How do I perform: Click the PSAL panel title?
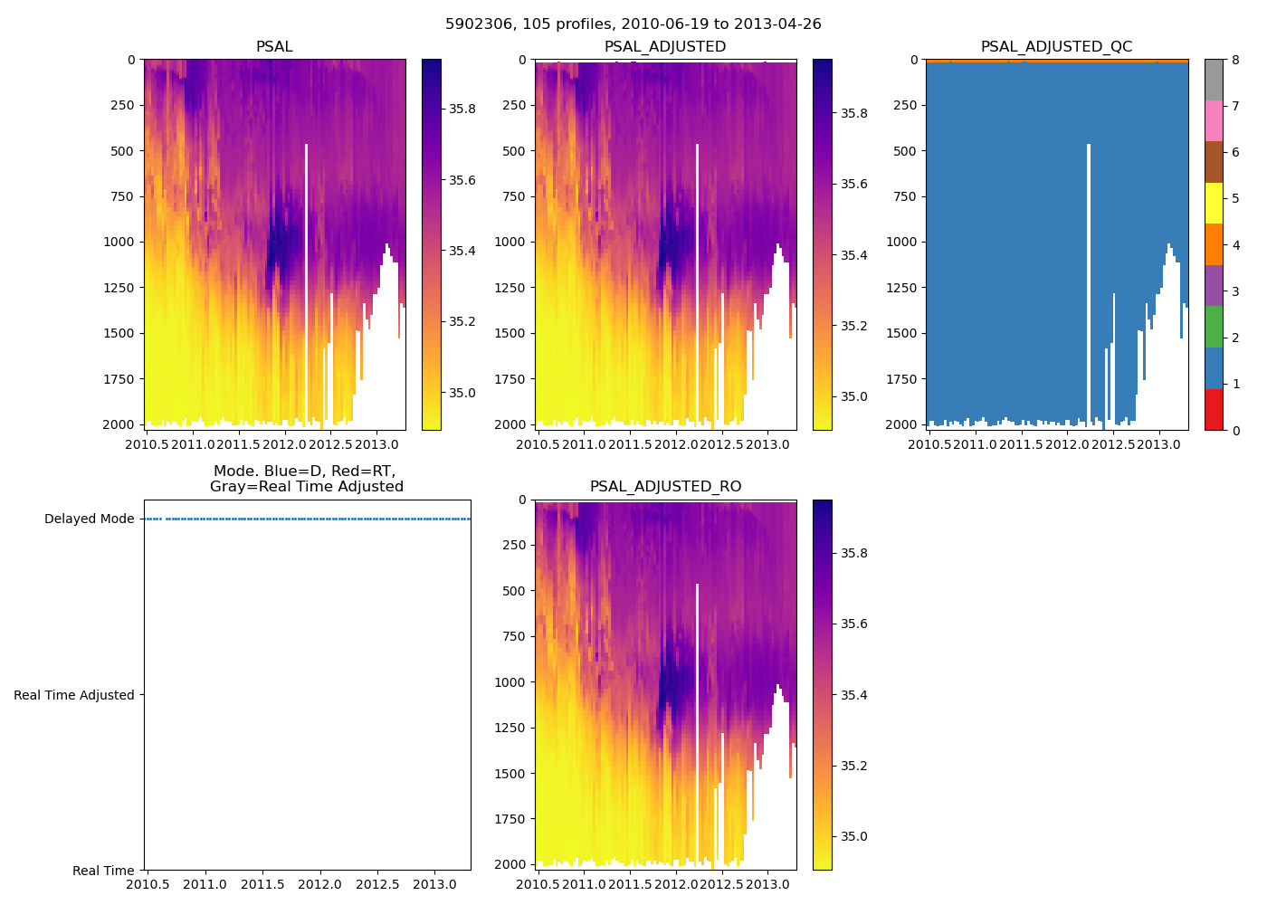point(274,47)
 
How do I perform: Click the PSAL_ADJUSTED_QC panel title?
point(1056,47)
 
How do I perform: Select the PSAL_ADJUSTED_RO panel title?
point(665,487)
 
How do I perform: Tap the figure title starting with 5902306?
point(633,24)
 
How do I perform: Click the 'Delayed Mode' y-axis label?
point(89,519)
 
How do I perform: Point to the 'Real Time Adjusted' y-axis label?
point(73,695)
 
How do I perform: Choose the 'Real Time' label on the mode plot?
point(103,871)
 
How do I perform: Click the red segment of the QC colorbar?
point(1214,410)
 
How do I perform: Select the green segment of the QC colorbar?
point(1214,327)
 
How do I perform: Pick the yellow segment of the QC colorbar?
point(1214,203)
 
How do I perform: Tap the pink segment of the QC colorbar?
point(1214,120)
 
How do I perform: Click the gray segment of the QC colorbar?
point(1214,80)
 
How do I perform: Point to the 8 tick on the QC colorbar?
point(1234,60)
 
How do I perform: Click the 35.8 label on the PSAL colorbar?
point(462,109)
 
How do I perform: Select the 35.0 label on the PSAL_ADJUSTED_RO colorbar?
point(854,836)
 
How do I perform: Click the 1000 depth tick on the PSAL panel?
point(119,242)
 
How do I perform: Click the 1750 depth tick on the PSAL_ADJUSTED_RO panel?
point(510,819)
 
